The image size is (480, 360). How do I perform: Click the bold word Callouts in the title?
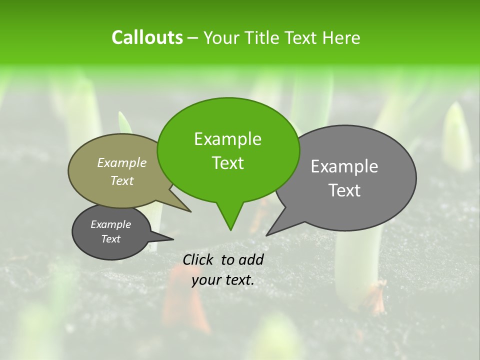(147, 37)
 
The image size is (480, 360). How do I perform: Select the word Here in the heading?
(342, 38)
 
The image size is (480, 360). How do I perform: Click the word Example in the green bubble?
(227, 139)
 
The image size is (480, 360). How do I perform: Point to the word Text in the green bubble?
(227, 163)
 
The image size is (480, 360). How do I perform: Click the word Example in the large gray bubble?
(344, 166)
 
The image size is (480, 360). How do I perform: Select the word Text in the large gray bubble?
(344, 190)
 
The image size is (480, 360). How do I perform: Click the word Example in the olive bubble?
(122, 162)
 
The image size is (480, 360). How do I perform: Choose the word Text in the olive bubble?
(122, 180)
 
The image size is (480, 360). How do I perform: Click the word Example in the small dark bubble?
(110, 224)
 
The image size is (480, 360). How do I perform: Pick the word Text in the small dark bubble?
(110, 239)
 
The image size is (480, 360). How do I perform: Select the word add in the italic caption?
(251, 259)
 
